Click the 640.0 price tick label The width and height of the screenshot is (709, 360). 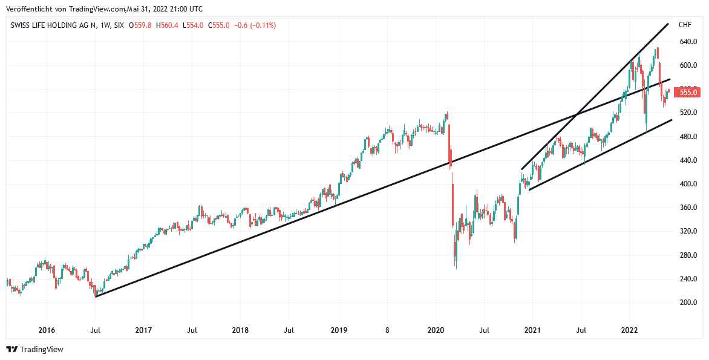(688, 42)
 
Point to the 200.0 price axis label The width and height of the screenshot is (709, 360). (688, 303)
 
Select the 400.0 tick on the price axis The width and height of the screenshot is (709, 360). (688, 184)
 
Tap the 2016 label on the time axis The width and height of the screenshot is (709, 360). (47, 330)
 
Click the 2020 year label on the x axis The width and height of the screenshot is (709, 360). (436, 330)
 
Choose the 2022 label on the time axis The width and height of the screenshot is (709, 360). (630, 330)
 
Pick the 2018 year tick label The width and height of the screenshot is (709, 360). (240, 330)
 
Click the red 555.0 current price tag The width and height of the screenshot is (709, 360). (688, 92)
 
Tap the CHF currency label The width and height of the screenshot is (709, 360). (685, 25)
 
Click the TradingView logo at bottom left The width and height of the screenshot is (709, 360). (35, 349)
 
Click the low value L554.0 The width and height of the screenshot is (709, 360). (195, 25)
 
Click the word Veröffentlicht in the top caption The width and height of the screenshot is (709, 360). (27, 9)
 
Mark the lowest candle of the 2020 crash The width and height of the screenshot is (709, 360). (456, 266)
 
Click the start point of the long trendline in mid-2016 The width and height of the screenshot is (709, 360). (96, 296)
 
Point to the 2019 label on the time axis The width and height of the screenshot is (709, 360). (338, 330)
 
